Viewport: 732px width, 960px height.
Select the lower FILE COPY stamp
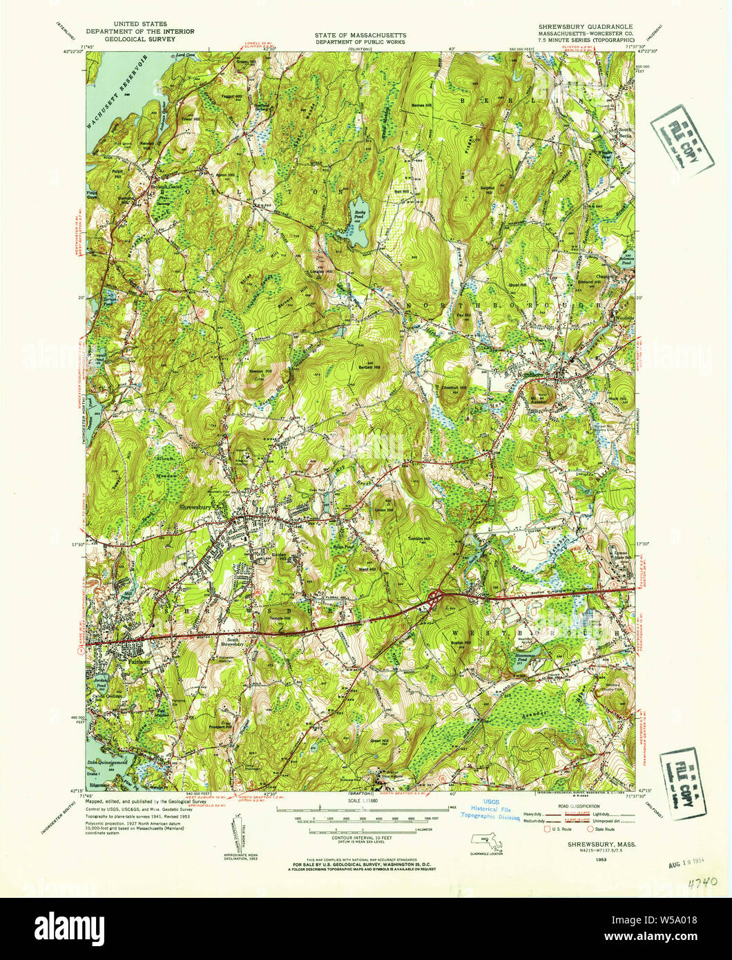pyautogui.click(x=683, y=785)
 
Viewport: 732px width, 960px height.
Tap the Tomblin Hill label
pyautogui.click(x=418, y=539)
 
